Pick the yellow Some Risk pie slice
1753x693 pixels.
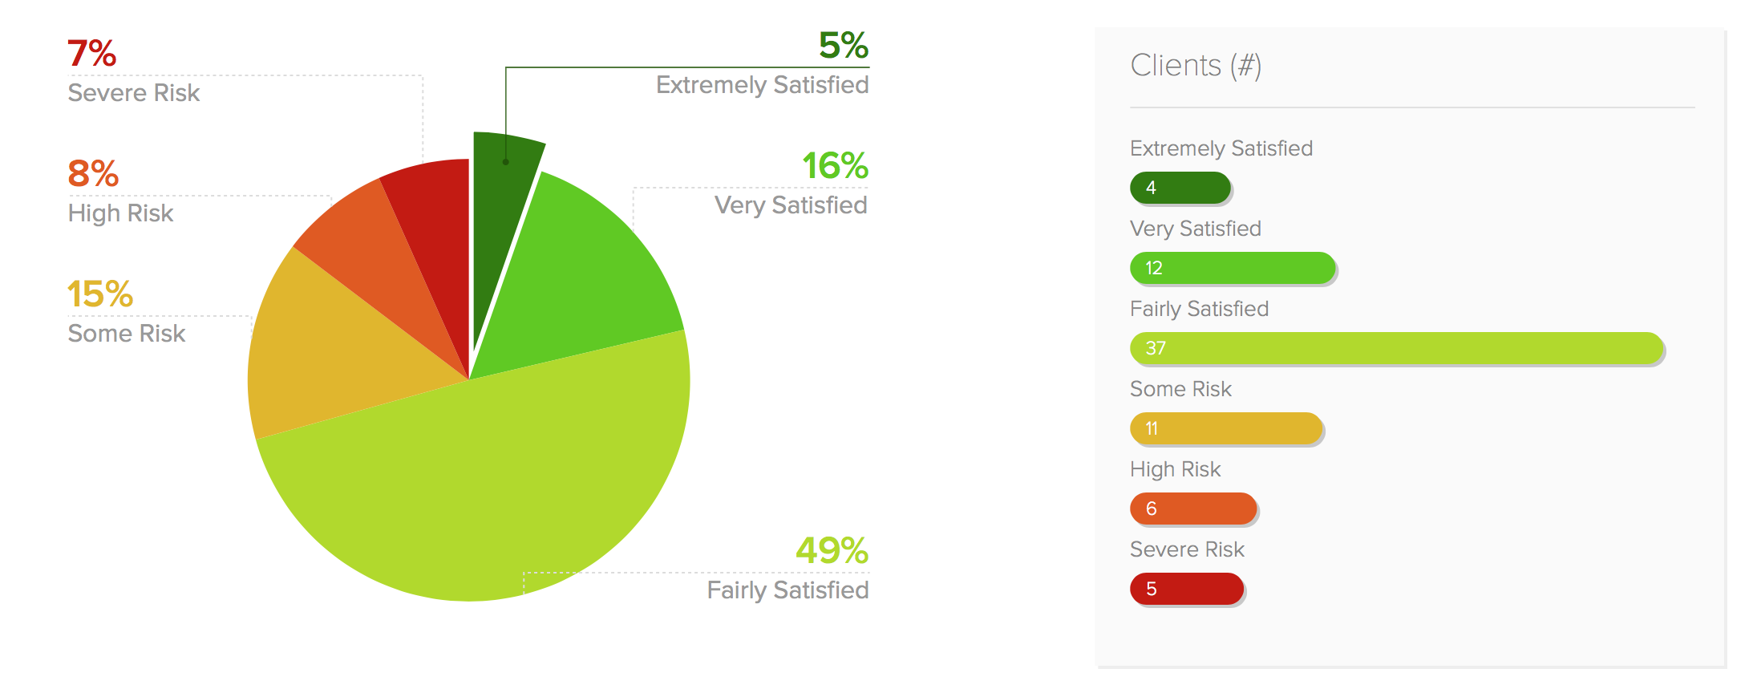click(x=329, y=353)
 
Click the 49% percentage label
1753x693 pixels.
click(x=832, y=551)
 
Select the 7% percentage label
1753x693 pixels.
click(x=91, y=54)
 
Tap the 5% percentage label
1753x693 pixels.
click(x=843, y=46)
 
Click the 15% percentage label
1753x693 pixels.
click(x=99, y=294)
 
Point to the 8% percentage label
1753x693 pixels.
click(x=93, y=174)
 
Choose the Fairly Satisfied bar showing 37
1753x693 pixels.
click(x=1396, y=348)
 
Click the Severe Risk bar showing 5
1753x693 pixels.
click(x=1187, y=589)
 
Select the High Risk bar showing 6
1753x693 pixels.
click(x=1193, y=509)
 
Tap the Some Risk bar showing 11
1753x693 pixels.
click(x=1226, y=428)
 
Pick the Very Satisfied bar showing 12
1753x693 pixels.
click(x=1233, y=268)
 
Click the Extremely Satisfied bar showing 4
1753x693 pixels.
click(x=1180, y=188)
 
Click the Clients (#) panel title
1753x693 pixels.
click(x=1196, y=66)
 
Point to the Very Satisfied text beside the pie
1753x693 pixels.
click(x=791, y=205)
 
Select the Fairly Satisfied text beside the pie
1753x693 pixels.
click(x=787, y=590)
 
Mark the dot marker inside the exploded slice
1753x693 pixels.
click(x=506, y=162)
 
